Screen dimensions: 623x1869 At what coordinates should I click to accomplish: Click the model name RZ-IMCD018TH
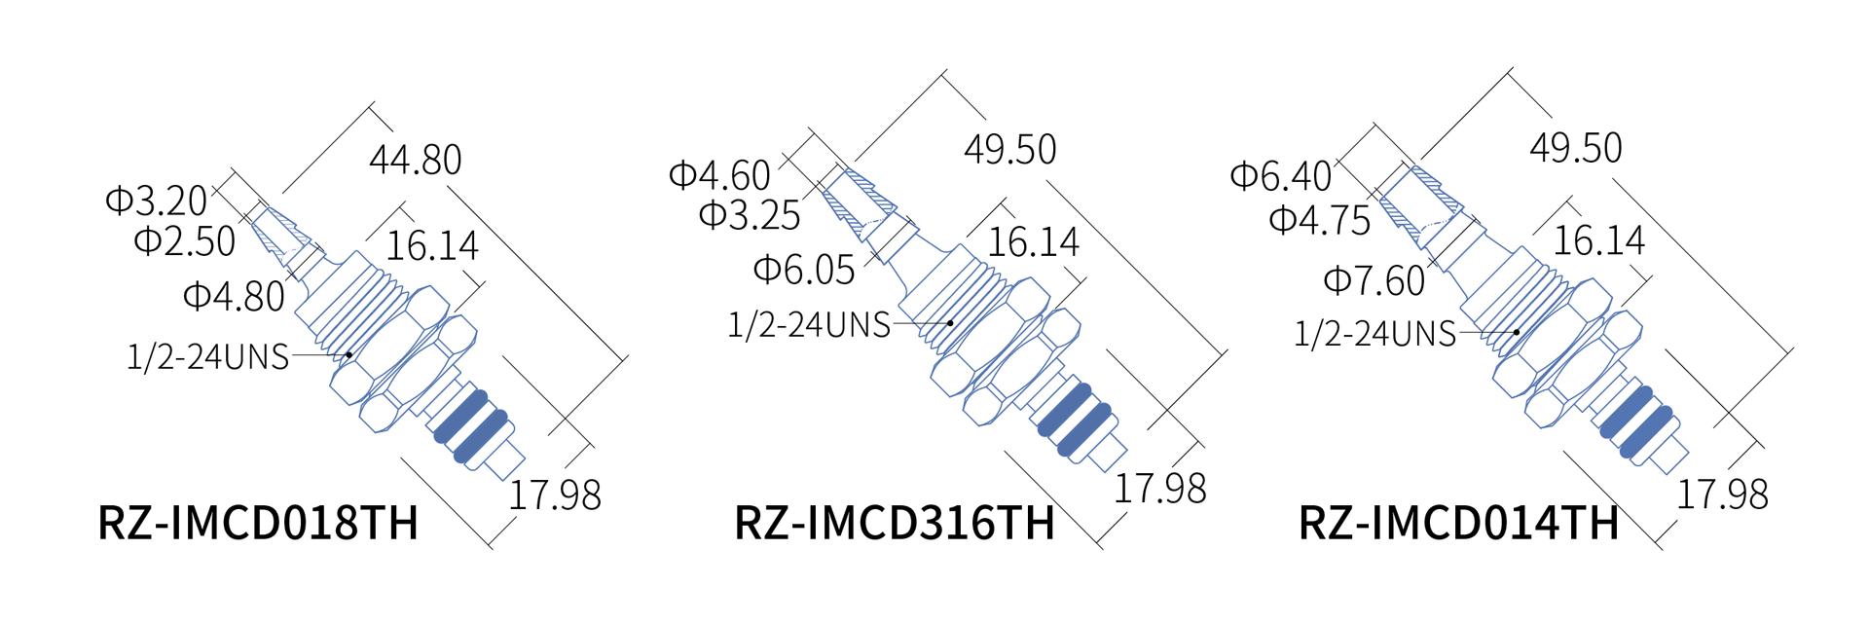click(258, 523)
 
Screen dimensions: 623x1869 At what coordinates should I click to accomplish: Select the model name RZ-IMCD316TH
click(894, 523)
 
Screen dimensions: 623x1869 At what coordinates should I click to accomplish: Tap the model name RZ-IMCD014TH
click(1458, 523)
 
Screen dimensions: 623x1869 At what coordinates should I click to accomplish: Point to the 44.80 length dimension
click(416, 160)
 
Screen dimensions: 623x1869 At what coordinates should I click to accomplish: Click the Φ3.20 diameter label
click(157, 201)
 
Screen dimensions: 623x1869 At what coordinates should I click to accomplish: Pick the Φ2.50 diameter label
click(185, 241)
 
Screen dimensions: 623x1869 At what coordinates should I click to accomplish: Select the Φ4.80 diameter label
click(234, 296)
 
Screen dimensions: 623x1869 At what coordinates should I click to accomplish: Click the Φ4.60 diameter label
click(719, 175)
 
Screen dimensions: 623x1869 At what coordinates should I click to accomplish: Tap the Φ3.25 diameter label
click(750, 215)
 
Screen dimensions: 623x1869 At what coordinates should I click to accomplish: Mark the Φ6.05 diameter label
click(804, 270)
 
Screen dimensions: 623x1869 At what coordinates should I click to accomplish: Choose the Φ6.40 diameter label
click(1281, 176)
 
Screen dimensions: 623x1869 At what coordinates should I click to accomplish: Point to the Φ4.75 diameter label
click(1320, 220)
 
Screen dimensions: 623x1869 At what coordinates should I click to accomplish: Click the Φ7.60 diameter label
click(1374, 281)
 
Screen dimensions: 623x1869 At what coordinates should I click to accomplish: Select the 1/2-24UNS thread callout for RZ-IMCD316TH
click(809, 324)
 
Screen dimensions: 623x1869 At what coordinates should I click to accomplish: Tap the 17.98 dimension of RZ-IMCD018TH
click(555, 495)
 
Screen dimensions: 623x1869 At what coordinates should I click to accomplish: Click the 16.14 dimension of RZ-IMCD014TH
click(1598, 240)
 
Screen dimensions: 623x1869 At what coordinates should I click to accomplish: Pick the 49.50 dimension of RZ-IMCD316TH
click(1009, 149)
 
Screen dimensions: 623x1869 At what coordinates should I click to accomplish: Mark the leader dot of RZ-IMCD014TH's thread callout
click(1517, 332)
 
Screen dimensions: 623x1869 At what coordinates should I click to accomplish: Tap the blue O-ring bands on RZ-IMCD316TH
click(1075, 420)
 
